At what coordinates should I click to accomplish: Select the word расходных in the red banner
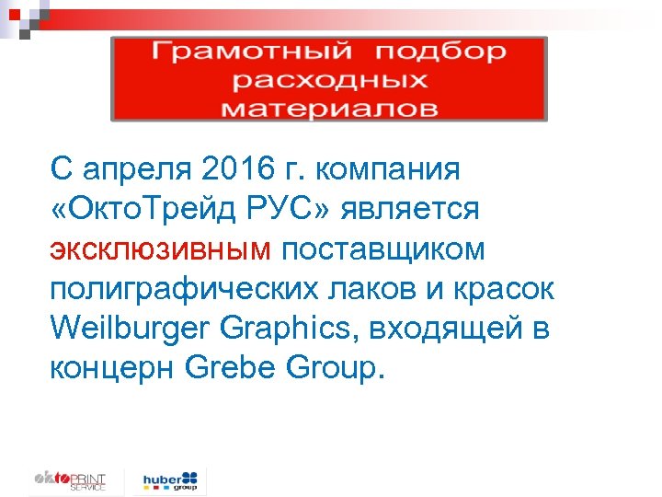330,80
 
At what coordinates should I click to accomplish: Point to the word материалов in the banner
330,109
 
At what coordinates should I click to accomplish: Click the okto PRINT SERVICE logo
70,481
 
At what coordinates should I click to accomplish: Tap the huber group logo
170,480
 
